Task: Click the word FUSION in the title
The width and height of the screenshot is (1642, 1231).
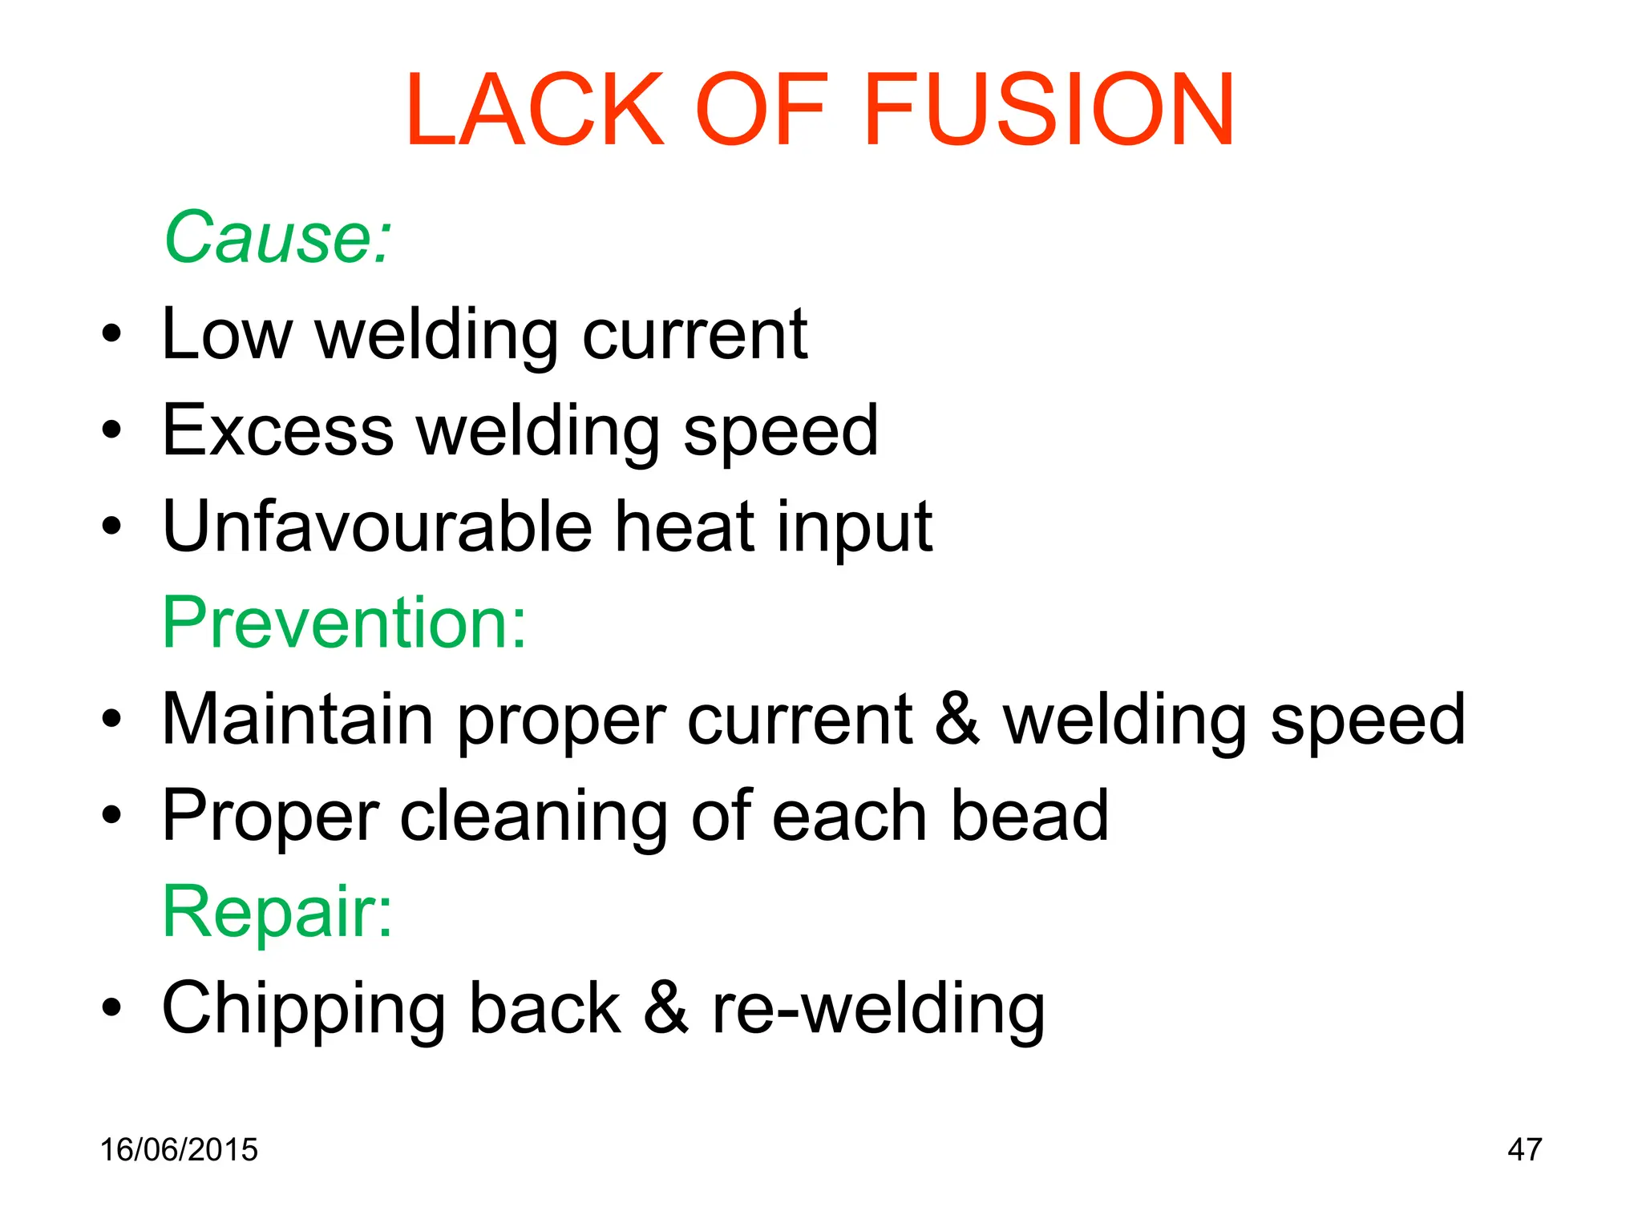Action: point(1049,110)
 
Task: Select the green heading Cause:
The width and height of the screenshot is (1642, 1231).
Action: point(277,237)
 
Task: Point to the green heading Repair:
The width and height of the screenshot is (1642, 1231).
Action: point(277,912)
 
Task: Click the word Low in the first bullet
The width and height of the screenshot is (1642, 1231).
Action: point(227,334)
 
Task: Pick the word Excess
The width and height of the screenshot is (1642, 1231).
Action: point(277,430)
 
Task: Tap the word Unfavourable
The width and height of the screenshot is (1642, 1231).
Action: point(376,527)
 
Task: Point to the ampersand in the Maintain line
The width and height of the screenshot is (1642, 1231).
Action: point(957,719)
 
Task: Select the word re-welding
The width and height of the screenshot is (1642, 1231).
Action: point(879,1008)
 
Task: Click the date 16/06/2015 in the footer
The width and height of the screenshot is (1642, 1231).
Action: point(179,1149)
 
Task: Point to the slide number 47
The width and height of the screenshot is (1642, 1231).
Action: point(1524,1149)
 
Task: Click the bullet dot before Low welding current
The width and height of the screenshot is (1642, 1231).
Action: point(111,334)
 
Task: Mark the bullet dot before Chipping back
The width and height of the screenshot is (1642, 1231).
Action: point(111,1008)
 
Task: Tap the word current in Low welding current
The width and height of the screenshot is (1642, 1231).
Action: point(694,334)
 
